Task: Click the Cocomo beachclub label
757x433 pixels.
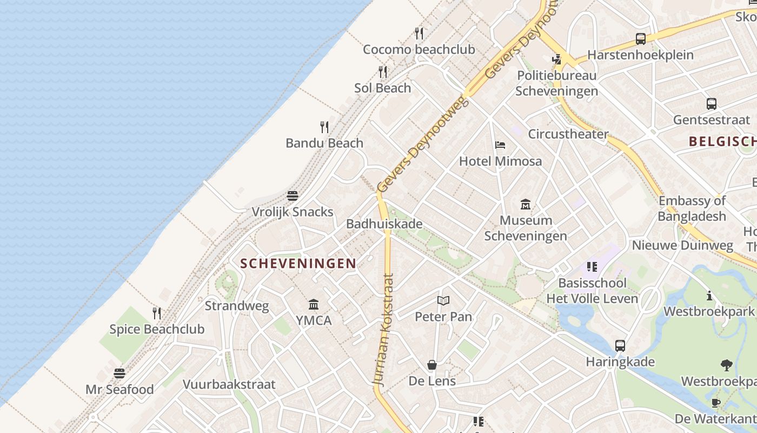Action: tap(419, 49)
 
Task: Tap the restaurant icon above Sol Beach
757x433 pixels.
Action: tap(383, 72)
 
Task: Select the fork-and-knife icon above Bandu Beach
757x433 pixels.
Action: tap(324, 127)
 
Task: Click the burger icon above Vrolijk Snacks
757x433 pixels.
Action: tap(293, 195)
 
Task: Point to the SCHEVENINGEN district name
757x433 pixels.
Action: tap(298, 264)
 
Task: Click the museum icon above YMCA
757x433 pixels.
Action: tap(314, 304)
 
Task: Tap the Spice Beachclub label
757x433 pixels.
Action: tap(157, 329)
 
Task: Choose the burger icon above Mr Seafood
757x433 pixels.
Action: tap(119, 373)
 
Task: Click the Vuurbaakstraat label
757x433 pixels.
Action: tap(229, 384)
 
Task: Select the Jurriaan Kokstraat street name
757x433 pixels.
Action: tap(384, 330)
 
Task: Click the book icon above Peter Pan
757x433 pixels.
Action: tap(443, 300)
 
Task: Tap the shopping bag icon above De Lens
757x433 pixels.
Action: tap(432, 365)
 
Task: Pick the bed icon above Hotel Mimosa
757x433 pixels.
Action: tap(500, 145)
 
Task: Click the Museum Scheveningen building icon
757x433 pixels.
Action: tap(526, 204)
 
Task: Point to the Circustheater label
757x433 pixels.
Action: tap(568, 134)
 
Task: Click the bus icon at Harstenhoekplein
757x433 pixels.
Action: tap(641, 39)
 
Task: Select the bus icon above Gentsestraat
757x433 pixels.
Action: tap(712, 104)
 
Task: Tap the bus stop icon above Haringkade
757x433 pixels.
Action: tap(620, 346)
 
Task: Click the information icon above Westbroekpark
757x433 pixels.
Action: tap(709, 296)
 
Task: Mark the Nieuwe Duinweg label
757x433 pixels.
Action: tap(682, 245)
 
